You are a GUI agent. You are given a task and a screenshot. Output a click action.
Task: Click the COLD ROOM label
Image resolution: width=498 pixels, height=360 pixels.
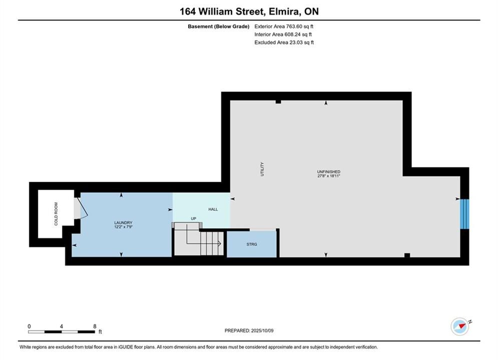[x=56, y=214]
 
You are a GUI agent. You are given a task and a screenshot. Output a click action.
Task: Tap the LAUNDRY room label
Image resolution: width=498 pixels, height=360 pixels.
[x=123, y=222]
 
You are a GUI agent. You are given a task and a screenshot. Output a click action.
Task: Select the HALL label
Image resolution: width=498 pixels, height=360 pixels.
[x=213, y=209]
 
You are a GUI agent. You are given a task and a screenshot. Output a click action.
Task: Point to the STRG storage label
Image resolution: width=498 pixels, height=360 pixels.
[x=252, y=244]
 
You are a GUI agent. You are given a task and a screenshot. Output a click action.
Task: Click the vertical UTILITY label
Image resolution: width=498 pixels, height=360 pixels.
[x=262, y=169]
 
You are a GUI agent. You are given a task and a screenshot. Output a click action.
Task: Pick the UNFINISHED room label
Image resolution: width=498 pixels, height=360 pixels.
[x=329, y=171]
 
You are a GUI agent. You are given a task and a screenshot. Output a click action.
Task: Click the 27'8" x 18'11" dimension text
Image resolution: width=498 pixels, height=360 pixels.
[x=329, y=175]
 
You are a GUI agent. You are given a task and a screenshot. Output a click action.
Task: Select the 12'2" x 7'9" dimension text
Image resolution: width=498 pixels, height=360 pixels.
[x=123, y=227]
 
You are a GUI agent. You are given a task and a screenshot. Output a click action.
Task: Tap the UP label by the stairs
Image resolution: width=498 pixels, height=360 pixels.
[x=193, y=218]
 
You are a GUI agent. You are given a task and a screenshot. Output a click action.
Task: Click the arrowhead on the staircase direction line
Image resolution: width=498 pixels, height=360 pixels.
[x=219, y=243]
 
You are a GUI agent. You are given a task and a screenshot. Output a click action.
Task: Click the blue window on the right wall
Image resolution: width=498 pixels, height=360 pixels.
[x=464, y=214]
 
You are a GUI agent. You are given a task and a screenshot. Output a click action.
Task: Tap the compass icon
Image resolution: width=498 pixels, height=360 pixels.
[x=459, y=326]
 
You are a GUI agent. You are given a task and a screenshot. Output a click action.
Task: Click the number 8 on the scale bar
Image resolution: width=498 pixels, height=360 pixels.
[x=95, y=326]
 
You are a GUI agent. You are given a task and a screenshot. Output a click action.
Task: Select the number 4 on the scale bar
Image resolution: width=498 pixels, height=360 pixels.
[x=61, y=326]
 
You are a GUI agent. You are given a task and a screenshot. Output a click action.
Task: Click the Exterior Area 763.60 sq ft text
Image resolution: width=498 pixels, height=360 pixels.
[x=284, y=26]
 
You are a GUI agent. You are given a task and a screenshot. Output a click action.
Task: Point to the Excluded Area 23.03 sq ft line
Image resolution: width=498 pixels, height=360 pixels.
[x=284, y=42]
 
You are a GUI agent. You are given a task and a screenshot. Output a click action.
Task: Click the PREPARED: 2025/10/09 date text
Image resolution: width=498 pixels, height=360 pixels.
[x=249, y=330]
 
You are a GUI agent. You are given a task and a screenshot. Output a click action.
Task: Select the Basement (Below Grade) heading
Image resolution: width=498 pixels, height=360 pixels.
[x=219, y=26]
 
